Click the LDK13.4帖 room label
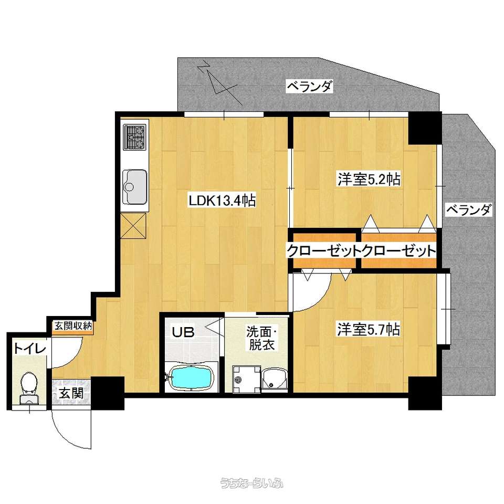coord(222,201)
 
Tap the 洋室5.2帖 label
coord(369,179)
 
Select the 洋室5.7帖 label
coord(369,330)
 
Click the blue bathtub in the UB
coord(192,378)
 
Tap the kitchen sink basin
coord(135,187)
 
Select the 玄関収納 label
coord(73,326)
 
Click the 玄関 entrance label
coord(71,393)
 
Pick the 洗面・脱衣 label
coord(261,338)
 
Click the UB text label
coord(183,332)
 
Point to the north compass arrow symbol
coord(218,83)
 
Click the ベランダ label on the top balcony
coord(309,86)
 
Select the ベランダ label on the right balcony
coord(469,210)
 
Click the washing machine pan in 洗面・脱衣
coord(247,379)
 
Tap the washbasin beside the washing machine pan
coord(274,380)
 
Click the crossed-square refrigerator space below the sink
coord(133,226)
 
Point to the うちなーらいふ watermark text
coord(251,483)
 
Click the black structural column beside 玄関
coord(108,393)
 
